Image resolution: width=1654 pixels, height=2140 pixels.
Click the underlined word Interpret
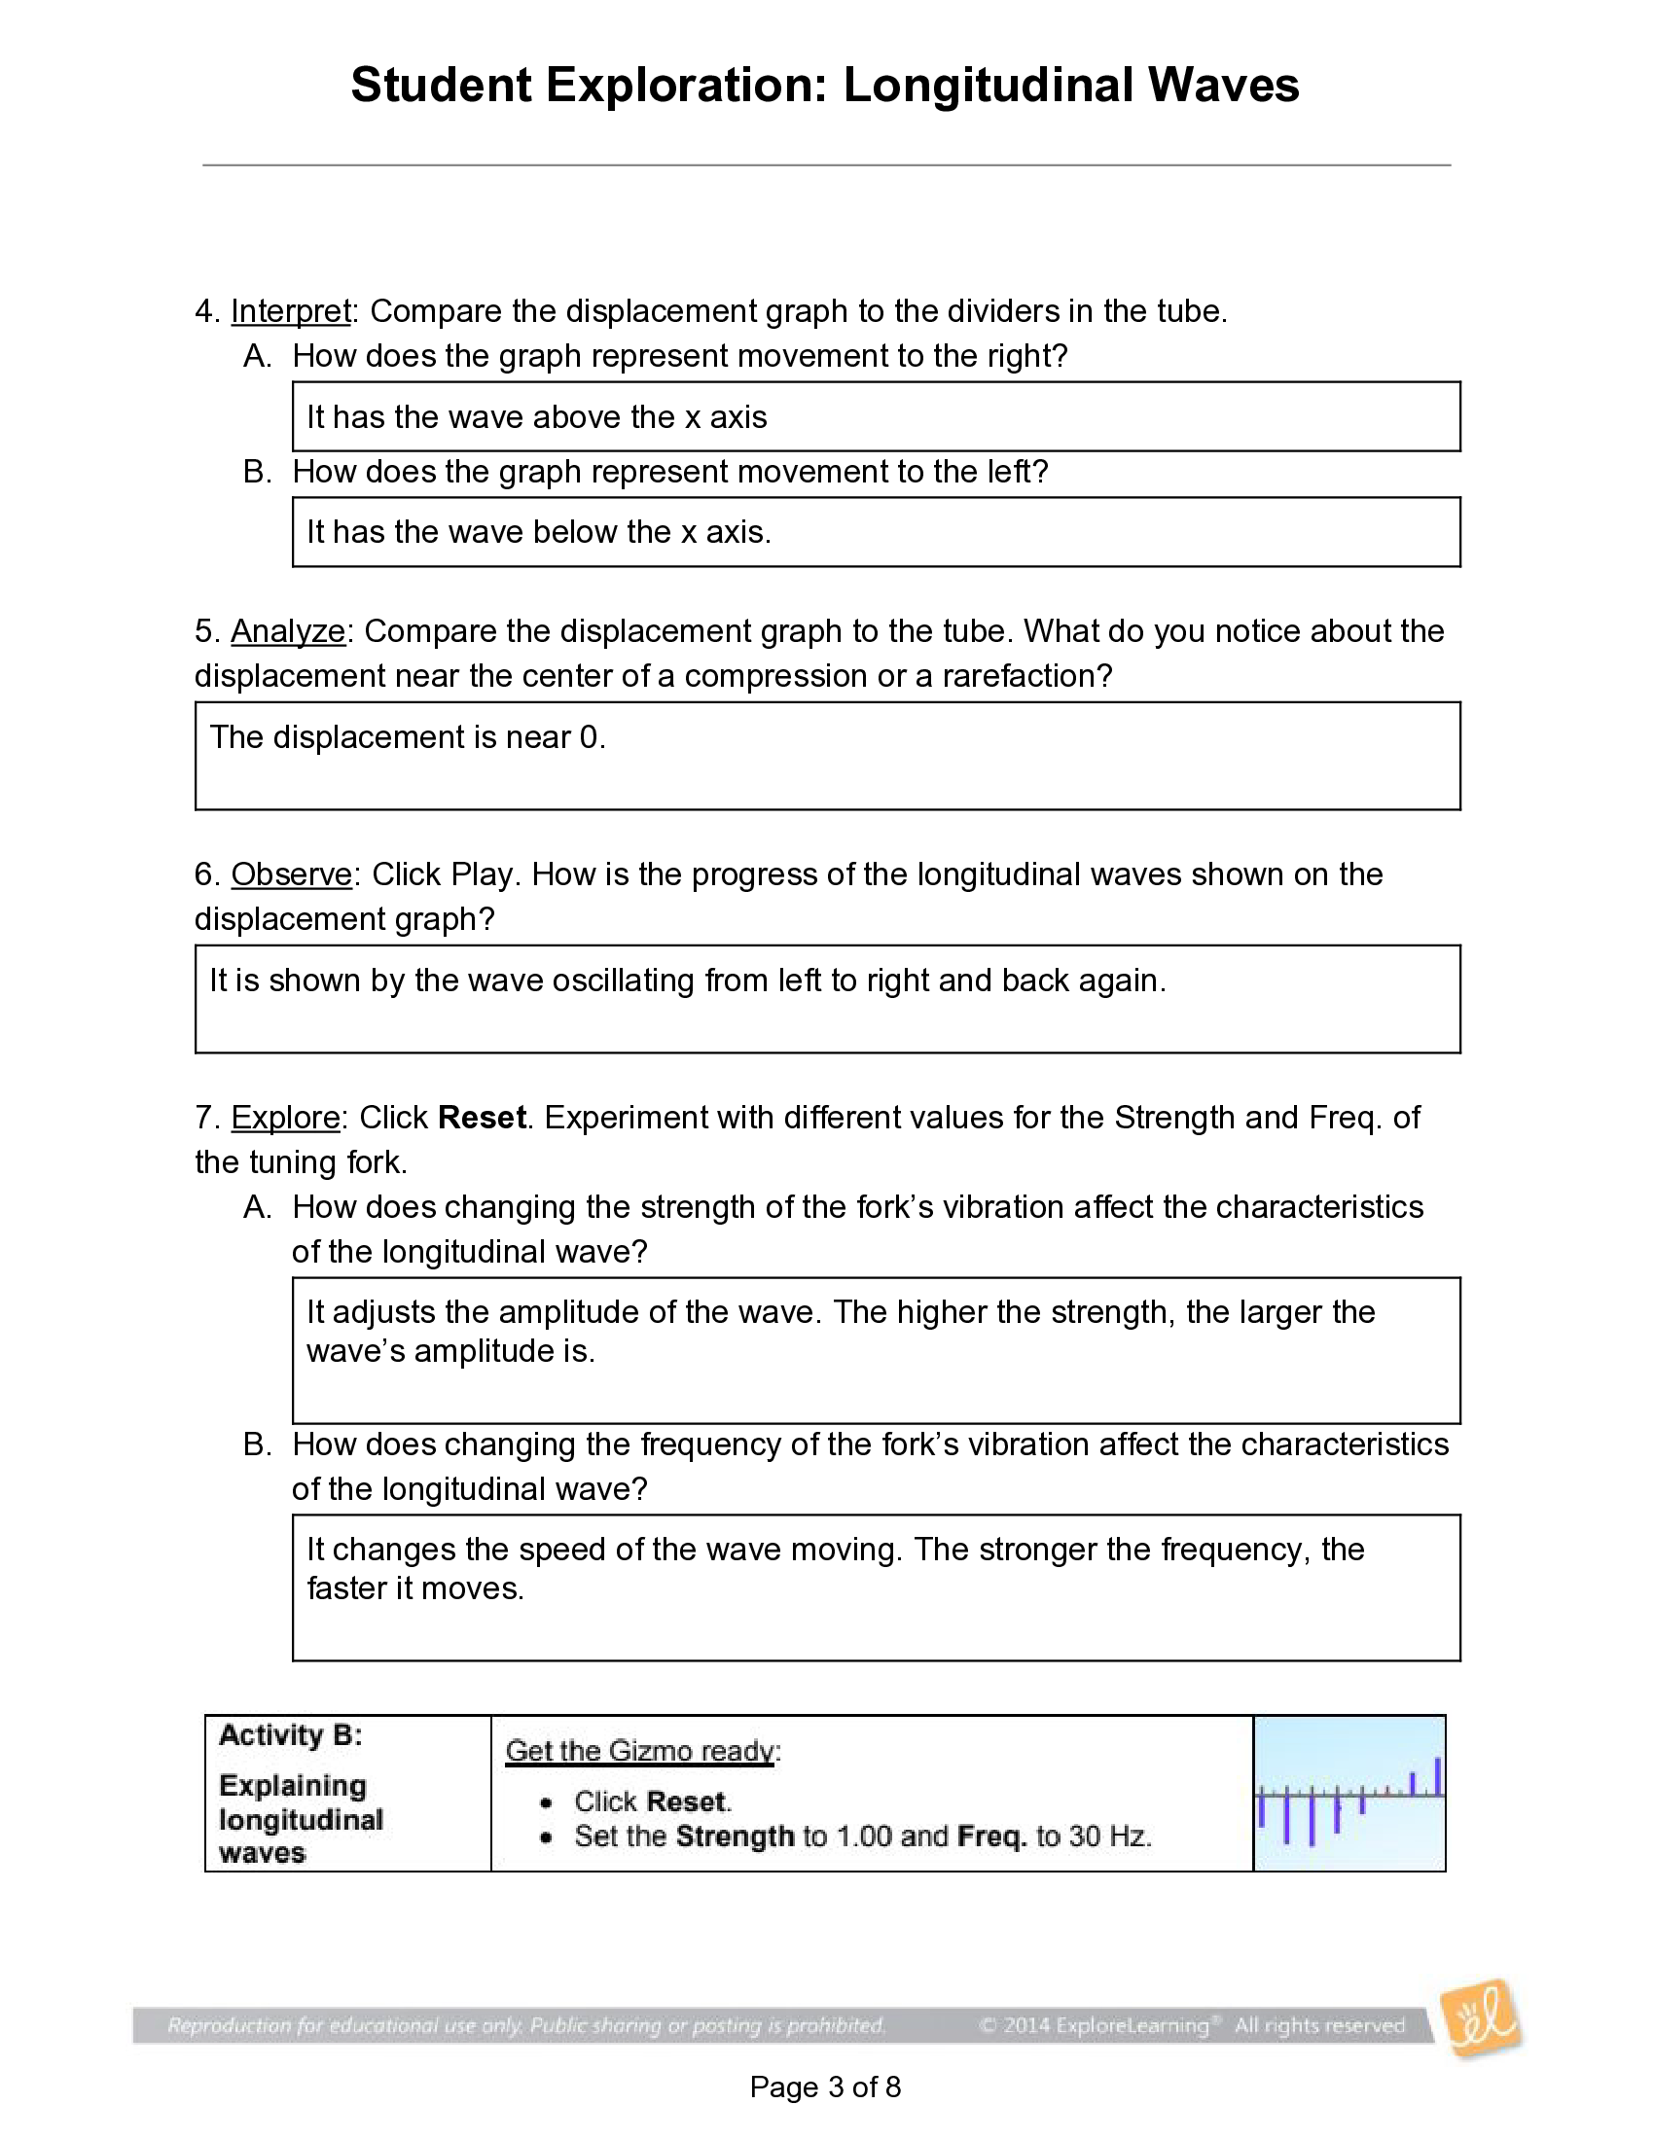[x=291, y=311]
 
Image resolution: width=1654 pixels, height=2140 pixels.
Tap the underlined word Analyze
[x=288, y=631]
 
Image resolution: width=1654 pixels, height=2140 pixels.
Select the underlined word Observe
[x=291, y=874]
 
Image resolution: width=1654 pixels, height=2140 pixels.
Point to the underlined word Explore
[x=285, y=1117]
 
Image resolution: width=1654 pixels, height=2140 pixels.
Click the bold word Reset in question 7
[x=481, y=1117]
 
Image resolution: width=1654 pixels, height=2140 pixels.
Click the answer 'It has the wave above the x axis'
[x=536, y=417]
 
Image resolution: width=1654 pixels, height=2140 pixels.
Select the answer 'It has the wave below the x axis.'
[x=539, y=532]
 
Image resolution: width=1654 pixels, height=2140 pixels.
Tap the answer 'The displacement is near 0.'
[x=408, y=737]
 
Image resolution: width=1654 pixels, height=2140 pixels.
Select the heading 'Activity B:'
[x=290, y=1735]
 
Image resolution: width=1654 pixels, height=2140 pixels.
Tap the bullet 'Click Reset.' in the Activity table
[x=653, y=1801]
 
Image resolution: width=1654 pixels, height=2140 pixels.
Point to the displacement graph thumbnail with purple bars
[x=1349, y=1793]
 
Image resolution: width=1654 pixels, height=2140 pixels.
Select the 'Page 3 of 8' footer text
[x=825, y=2087]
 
